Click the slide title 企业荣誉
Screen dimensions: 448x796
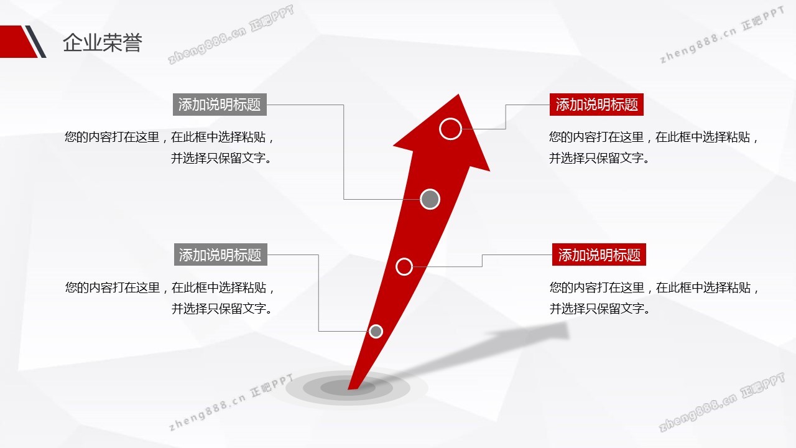pos(103,43)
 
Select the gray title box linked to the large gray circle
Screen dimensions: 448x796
pos(220,105)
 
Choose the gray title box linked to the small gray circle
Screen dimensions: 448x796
pos(220,254)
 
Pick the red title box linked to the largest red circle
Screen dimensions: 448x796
pos(596,105)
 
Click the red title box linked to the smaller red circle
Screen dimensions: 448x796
pos(599,254)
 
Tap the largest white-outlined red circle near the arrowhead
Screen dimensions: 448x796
pos(450,129)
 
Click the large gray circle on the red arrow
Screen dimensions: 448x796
pos(430,199)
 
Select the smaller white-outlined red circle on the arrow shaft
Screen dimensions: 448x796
pos(404,266)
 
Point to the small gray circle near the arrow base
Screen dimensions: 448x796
pos(376,331)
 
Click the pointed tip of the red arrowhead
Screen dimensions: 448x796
pos(459,96)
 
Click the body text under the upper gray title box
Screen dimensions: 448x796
pos(169,147)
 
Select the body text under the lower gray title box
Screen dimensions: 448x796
pos(170,297)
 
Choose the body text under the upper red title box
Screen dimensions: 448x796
pos(654,147)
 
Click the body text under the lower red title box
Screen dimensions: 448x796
pos(654,297)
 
